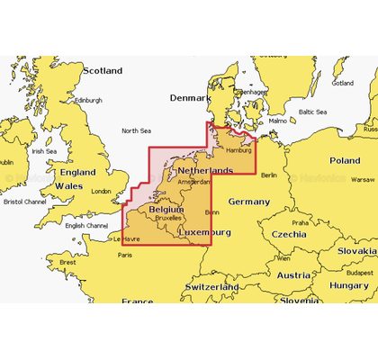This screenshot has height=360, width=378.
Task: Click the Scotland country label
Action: coord(102,70)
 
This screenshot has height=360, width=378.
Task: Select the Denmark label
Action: coord(190,97)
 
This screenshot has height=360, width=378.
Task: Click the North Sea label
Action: coord(136,130)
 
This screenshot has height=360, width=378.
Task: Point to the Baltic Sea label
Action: coord(311,112)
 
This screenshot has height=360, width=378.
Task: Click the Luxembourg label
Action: coord(206,232)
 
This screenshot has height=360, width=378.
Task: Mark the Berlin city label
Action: coord(268,175)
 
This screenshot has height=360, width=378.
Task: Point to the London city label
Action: coord(101,191)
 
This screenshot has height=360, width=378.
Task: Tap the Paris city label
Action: coord(125,255)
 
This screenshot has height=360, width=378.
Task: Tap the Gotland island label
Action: coord(343,83)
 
